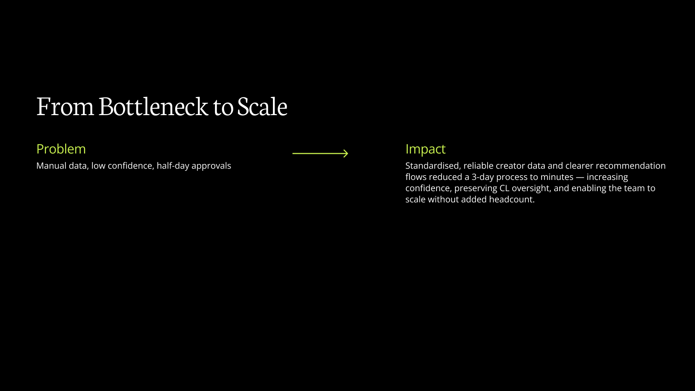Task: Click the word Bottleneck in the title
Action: click(x=153, y=107)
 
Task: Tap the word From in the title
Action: click(x=65, y=107)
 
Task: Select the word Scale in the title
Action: click(x=262, y=107)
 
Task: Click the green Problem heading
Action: click(x=61, y=149)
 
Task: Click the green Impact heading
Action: click(x=425, y=149)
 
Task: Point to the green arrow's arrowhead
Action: click(x=346, y=154)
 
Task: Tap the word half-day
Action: click(x=173, y=166)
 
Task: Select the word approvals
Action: click(x=211, y=166)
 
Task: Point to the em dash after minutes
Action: click(x=580, y=177)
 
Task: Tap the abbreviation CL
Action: click(x=504, y=188)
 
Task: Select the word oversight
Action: click(x=531, y=188)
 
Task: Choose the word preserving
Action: click(x=476, y=188)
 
